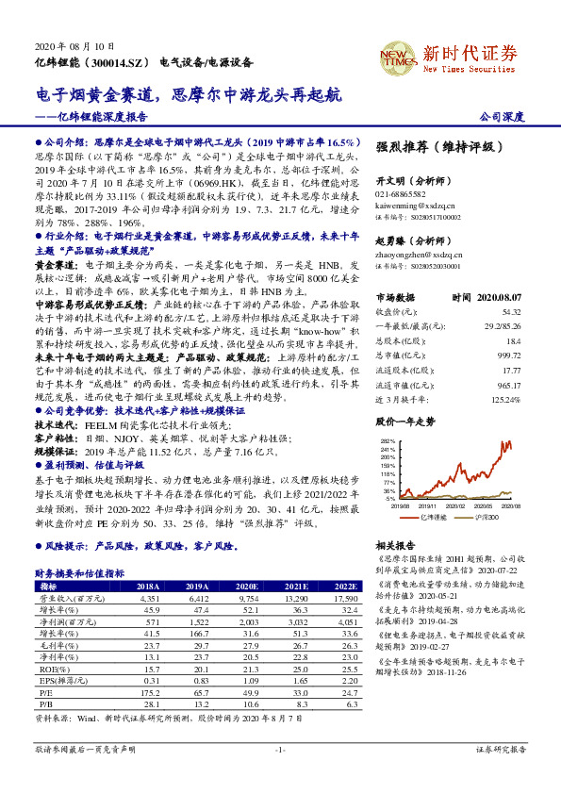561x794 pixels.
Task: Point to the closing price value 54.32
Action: [512, 310]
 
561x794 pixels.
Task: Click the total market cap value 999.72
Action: [509, 355]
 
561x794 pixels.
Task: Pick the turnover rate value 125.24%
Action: [505, 400]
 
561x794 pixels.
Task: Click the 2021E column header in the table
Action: [300, 586]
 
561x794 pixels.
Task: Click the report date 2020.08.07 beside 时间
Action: [500, 296]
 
